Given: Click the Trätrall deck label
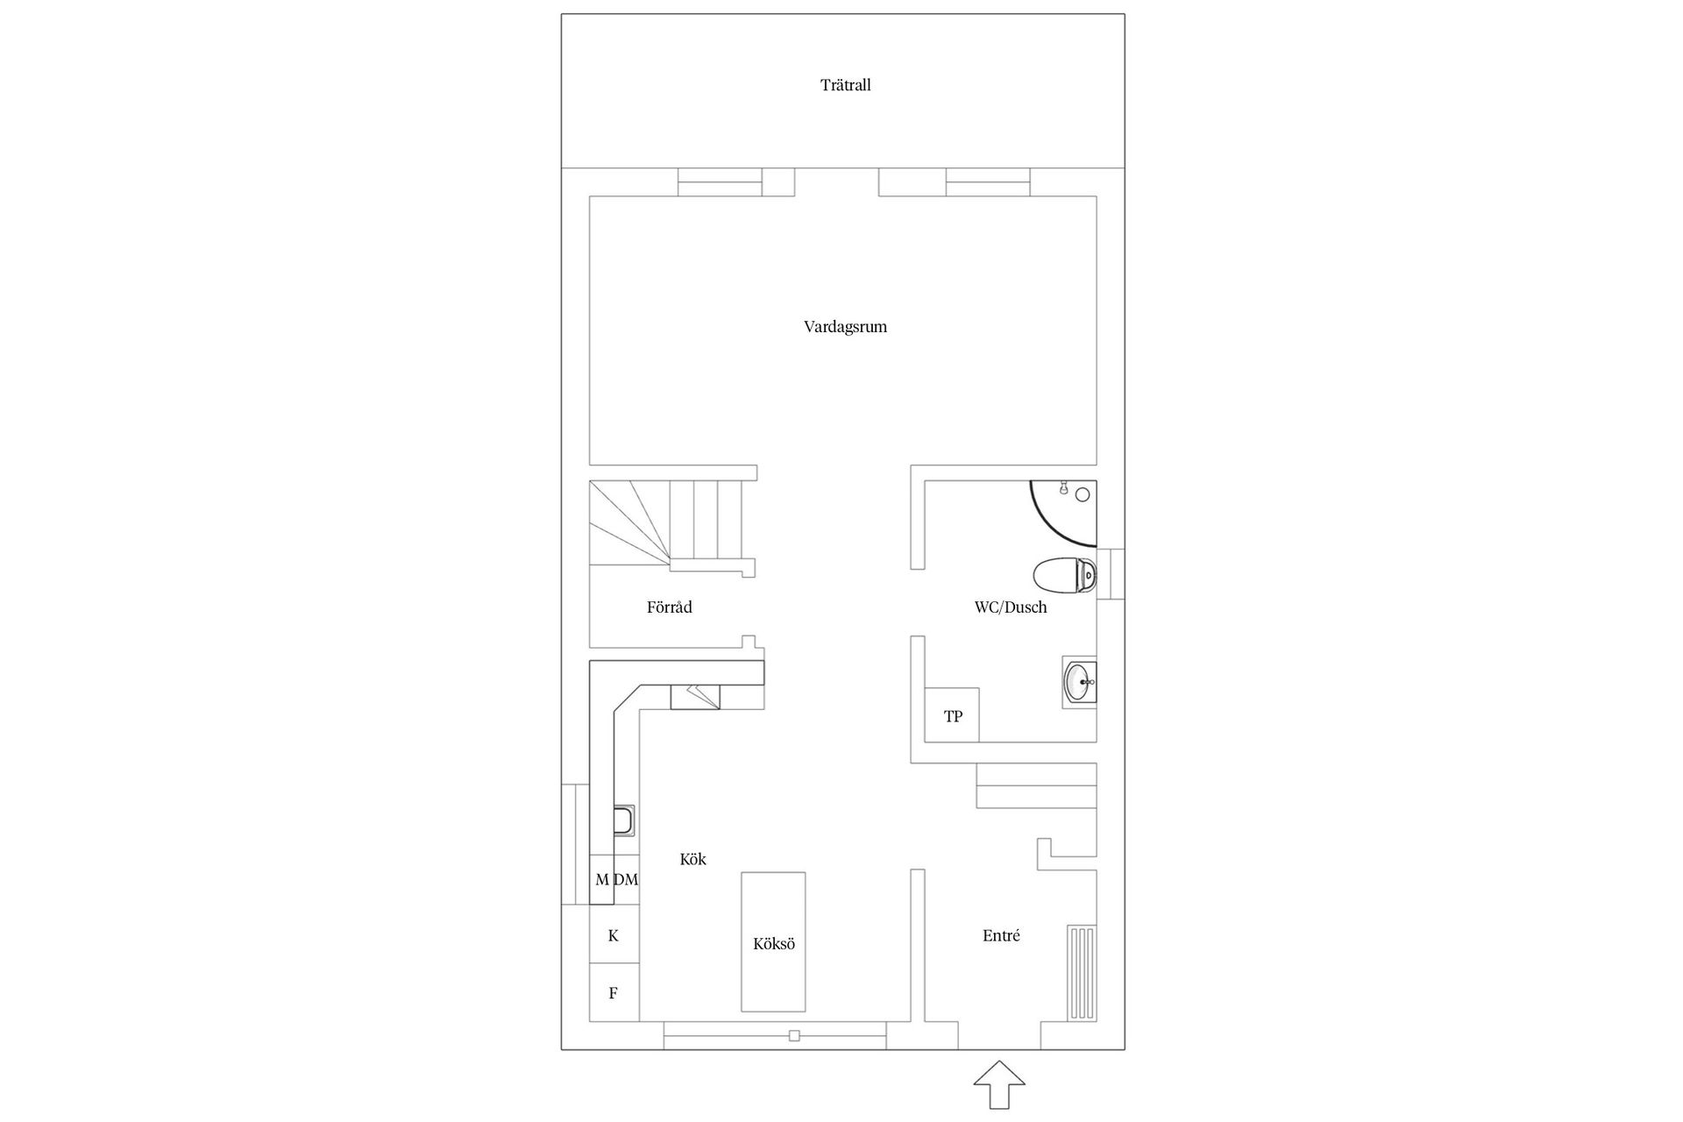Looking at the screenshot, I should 845,85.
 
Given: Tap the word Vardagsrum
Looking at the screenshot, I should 845,327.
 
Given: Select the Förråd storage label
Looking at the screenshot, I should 669,607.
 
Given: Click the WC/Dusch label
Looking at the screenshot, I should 1010,607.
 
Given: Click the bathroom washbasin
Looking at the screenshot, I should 1079,681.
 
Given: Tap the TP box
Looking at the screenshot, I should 953,716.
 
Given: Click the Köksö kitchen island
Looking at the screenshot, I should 773,942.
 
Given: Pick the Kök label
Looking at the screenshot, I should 692,859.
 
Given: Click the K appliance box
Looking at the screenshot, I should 614,935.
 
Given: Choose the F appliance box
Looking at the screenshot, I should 614,993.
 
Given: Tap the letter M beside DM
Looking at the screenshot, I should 601,879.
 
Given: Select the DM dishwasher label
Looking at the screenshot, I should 626,879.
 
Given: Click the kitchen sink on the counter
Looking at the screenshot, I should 624,821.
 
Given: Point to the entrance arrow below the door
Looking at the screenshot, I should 998,1085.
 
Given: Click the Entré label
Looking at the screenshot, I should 1001,935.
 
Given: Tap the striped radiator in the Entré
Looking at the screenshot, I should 1082,973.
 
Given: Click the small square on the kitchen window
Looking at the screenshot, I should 794,1035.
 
